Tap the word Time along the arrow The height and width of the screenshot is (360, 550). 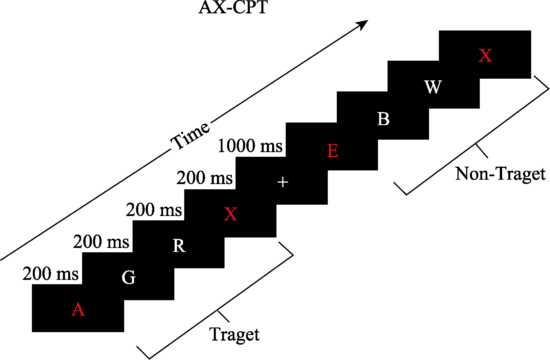click(x=190, y=136)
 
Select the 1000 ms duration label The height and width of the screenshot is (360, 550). click(x=250, y=146)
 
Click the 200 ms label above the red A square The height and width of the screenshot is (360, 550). click(x=50, y=273)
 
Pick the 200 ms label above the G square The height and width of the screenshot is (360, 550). click(x=101, y=242)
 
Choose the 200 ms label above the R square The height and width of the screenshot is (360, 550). click(x=154, y=210)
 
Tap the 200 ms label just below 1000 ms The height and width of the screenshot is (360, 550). click(x=205, y=178)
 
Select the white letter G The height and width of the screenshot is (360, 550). click(x=129, y=277)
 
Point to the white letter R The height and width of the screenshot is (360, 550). click(x=179, y=246)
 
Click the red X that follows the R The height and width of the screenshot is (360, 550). click(x=231, y=214)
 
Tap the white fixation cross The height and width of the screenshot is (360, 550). click(x=283, y=183)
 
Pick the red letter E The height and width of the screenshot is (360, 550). click(x=332, y=151)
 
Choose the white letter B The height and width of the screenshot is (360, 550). click(x=383, y=119)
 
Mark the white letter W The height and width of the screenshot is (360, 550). click(x=433, y=87)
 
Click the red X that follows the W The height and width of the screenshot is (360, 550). click(x=485, y=55)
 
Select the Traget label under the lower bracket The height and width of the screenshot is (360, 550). click(x=234, y=334)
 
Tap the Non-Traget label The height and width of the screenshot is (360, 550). click(x=500, y=174)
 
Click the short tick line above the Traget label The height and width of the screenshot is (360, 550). click(x=223, y=316)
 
